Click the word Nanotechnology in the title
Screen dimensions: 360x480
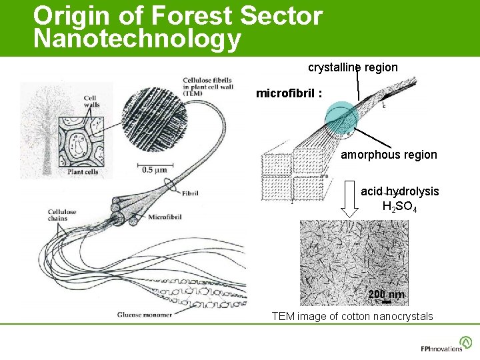tap(137, 39)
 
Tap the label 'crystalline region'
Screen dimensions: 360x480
tap(353, 67)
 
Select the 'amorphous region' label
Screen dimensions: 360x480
tap(389, 155)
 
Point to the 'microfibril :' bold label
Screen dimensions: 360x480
tap(289, 94)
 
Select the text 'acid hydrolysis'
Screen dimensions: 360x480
tap(400, 191)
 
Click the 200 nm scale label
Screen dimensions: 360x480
tap(386, 295)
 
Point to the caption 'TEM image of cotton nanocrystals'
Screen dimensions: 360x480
tap(352, 316)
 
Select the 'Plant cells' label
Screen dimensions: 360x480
tap(83, 172)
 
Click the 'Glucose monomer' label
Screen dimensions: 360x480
tap(144, 314)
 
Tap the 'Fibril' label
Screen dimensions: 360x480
tap(189, 193)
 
